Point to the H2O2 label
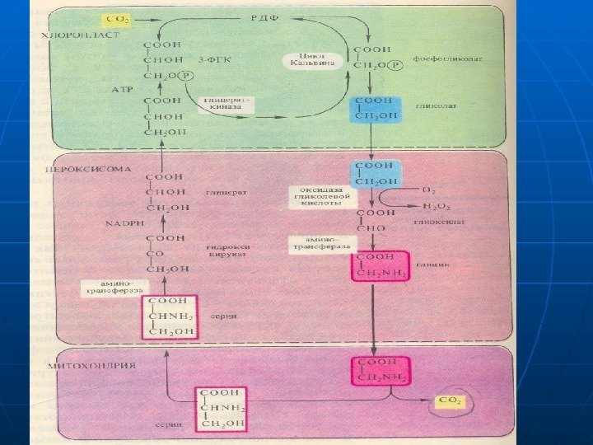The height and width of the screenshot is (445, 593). click(437, 205)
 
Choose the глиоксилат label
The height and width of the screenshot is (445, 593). click(438, 222)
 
